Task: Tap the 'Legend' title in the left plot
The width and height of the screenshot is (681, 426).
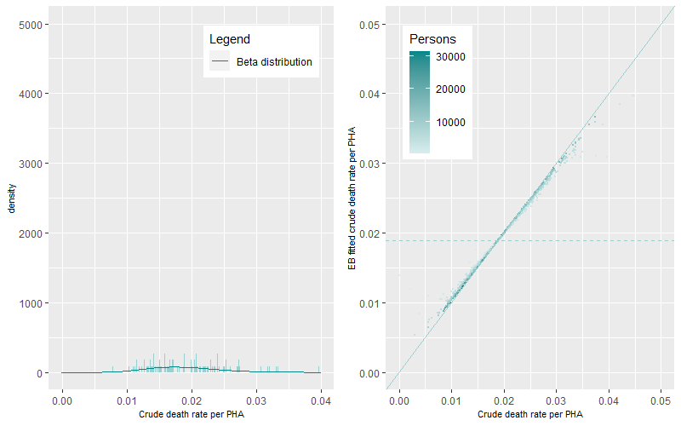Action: click(x=229, y=39)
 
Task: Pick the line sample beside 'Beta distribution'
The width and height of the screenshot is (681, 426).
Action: click(x=220, y=62)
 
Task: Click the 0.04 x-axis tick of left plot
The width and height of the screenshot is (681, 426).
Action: click(x=320, y=400)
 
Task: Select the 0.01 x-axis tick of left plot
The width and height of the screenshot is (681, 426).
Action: click(x=127, y=400)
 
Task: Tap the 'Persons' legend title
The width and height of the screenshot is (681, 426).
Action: click(x=432, y=39)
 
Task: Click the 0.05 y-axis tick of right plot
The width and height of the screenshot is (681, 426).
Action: click(x=368, y=24)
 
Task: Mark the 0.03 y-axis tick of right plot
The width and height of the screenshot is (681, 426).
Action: click(x=368, y=164)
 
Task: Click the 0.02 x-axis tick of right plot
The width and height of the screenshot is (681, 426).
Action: click(x=504, y=400)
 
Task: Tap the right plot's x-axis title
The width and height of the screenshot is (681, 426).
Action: click(x=530, y=415)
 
